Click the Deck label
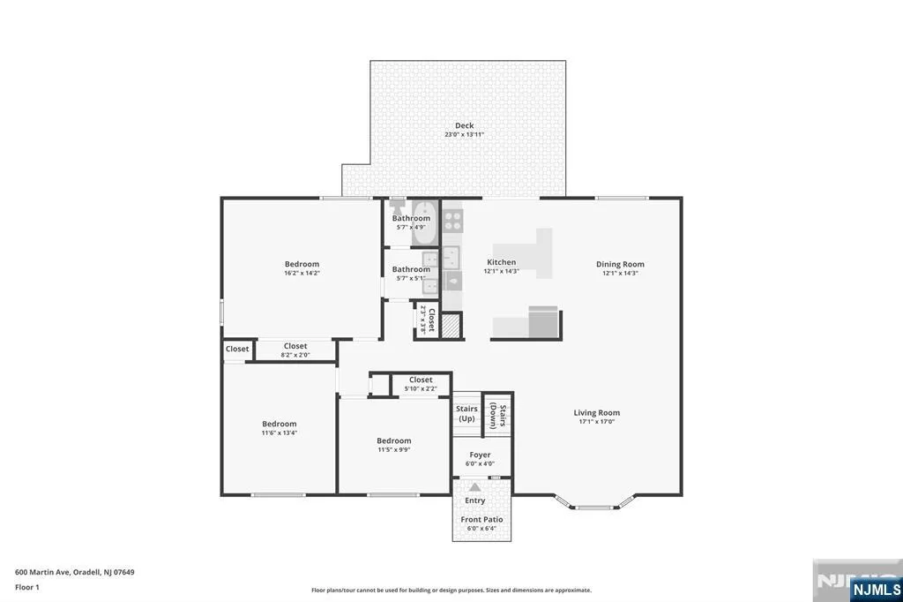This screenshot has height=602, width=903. tap(464, 125)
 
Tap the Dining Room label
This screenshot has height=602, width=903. tap(620, 264)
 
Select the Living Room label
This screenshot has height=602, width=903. tap(597, 412)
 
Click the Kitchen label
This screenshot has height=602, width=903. tap(502, 262)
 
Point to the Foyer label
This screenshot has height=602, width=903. tap(480, 455)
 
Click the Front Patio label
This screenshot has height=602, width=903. tap(481, 519)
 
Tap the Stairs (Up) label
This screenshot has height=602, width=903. tap(466, 413)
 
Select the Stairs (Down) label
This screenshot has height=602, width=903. tap(498, 417)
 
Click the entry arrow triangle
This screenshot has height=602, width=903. tap(475, 487)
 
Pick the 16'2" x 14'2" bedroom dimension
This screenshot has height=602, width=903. tap(302, 274)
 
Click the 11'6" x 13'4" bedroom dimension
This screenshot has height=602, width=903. tap(280, 433)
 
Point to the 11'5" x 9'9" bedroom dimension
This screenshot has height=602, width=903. tap(394, 450)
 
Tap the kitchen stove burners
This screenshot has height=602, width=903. tap(453, 220)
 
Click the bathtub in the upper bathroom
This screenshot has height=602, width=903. tap(425, 223)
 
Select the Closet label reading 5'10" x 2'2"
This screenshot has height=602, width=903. tap(421, 380)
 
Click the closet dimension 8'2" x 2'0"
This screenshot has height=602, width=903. tap(295, 355)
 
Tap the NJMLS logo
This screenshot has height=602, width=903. tap(876, 590)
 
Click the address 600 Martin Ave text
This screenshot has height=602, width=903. tap(42, 572)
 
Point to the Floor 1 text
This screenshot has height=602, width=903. tap(27, 587)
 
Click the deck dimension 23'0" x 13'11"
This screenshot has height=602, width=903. tap(464, 135)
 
